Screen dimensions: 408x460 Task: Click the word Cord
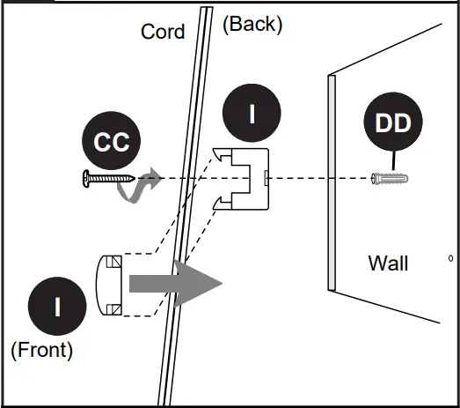(163, 33)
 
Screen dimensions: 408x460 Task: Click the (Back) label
(252, 24)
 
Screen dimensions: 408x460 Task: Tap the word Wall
(388, 263)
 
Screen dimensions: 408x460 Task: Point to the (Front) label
(41, 350)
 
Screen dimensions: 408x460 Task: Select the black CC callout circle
(112, 143)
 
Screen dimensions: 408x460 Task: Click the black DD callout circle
(392, 123)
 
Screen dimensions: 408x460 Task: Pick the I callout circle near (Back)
(252, 115)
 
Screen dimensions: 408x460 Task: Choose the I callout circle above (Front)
(57, 307)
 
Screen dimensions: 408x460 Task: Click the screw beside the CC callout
(106, 179)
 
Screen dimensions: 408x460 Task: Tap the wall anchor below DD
(391, 179)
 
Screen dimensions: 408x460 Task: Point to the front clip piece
(109, 285)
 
